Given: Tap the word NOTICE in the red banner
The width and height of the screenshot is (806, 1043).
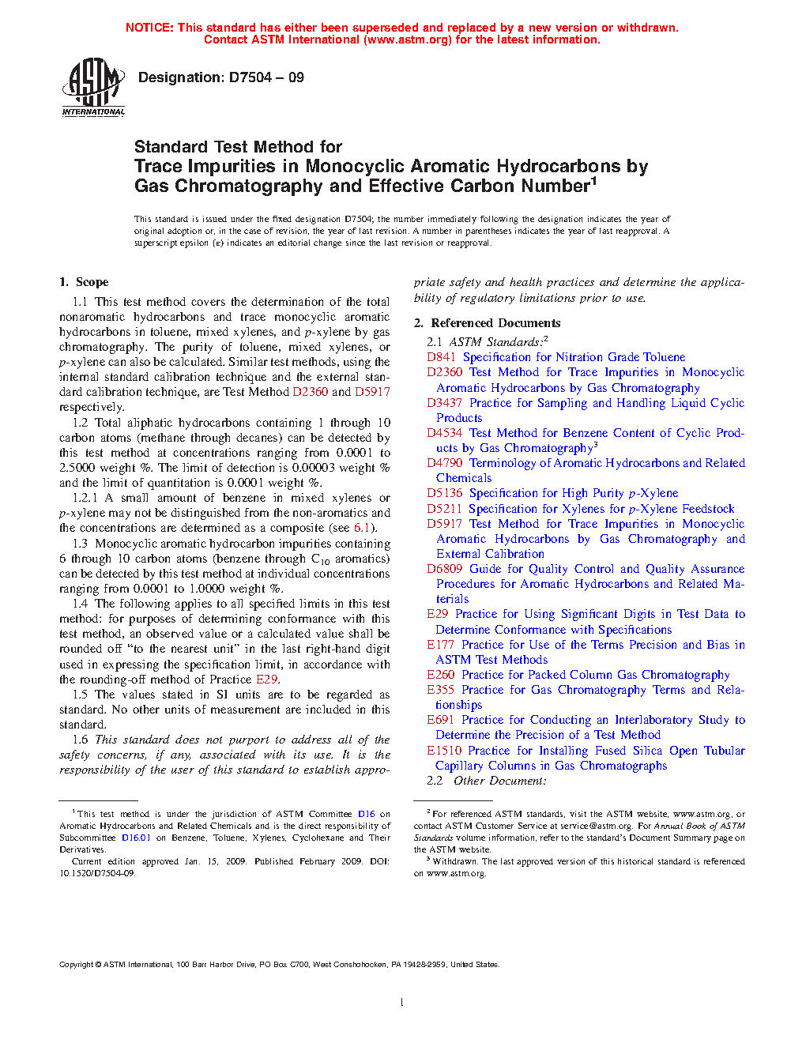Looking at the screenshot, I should click(149, 28).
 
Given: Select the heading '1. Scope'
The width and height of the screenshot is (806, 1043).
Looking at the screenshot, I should click(84, 282).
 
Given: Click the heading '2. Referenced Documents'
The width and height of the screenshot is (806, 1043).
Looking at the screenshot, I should click(488, 323).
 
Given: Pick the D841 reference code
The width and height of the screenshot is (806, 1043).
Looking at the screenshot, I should click(441, 357).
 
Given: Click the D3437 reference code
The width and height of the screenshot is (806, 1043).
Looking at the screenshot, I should click(445, 403).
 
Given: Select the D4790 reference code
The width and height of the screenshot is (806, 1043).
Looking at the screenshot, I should click(445, 463).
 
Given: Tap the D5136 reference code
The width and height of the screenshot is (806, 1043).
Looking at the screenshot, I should click(445, 493).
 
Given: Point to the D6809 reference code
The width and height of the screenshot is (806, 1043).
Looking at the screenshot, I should click(445, 569).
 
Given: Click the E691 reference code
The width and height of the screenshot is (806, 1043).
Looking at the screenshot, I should click(441, 720).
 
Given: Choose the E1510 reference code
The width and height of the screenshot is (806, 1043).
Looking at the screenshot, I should click(444, 751).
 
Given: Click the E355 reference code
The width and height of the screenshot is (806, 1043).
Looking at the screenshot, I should click(441, 690).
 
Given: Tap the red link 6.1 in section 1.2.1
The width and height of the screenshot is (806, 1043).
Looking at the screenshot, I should click(362, 528).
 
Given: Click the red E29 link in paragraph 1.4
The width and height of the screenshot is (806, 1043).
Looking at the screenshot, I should click(266, 680).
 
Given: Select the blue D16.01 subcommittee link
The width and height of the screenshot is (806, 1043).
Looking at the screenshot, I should click(136, 838).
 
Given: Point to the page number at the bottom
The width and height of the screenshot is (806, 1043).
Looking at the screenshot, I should click(402, 1003).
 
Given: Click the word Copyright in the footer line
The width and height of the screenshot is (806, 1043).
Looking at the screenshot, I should click(77, 965).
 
